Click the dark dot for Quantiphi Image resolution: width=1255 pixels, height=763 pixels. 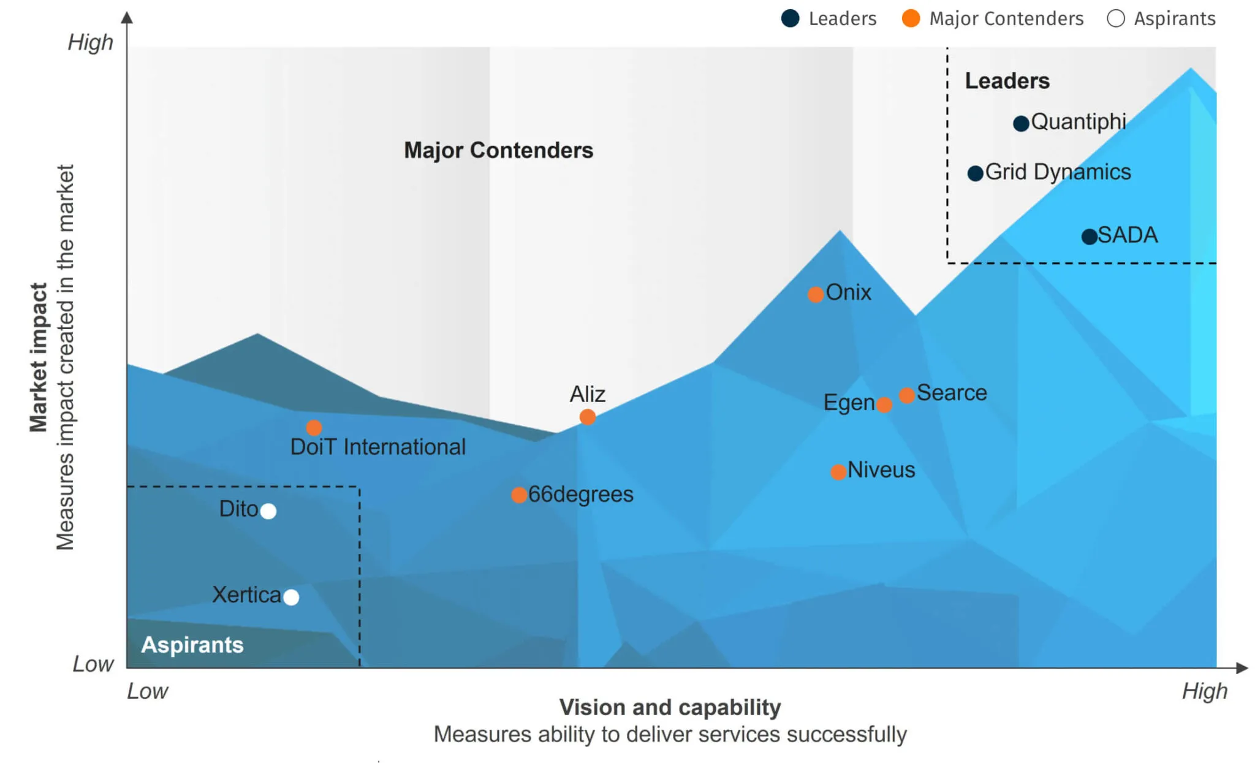(1021, 124)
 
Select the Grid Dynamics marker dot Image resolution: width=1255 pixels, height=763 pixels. (975, 173)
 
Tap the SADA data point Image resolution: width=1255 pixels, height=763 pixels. (1089, 237)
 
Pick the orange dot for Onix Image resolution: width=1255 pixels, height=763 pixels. (815, 295)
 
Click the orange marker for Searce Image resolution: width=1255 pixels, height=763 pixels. (907, 395)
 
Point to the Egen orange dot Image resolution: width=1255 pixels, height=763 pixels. (884, 404)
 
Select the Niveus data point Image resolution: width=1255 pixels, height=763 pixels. (838, 472)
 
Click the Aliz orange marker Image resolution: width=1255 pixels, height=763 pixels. (587, 417)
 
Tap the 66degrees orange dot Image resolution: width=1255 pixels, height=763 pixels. (519, 495)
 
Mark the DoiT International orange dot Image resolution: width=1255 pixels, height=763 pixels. (314, 427)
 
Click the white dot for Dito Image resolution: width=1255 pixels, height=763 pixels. (268, 511)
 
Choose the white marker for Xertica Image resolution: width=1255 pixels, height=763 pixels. (292, 597)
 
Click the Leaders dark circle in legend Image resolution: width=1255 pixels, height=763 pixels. (791, 18)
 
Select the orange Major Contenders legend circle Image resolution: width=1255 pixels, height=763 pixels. (911, 18)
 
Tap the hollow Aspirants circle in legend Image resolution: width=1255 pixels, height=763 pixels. (1115, 18)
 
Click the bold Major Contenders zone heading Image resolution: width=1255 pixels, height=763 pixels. (498, 150)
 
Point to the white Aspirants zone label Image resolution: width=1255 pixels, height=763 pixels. (192, 645)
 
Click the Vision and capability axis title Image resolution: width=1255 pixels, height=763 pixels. (670, 707)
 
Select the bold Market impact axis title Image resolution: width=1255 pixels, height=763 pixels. (38, 357)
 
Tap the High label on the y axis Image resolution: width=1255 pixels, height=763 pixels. (90, 42)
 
